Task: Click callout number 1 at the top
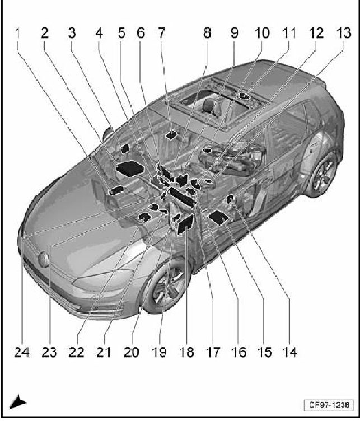[18, 33]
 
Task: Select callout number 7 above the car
[161, 33]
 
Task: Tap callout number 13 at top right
[344, 33]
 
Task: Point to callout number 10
[262, 33]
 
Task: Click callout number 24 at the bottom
[22, 352]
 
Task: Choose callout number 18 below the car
[186, 352]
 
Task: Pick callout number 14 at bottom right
[289, 352]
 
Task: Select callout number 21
[104, 352]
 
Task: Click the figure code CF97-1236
[329, 405]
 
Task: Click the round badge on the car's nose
[44, 260]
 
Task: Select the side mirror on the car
[108, 133]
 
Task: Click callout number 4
[99, 33]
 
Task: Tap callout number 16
[238, 352]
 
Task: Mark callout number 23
[49, 352]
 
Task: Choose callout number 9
[235, 33]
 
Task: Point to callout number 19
[159, 352]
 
